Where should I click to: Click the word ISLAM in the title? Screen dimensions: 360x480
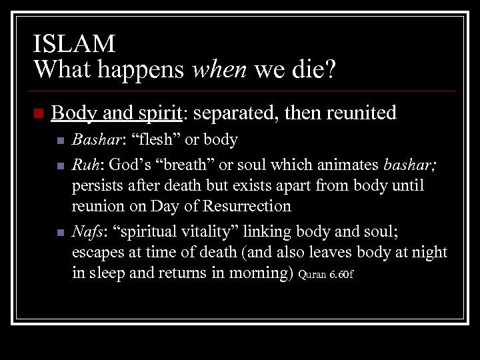point(74,44)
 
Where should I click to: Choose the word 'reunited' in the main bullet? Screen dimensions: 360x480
point(359,113)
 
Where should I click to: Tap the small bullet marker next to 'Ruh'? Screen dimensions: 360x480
point(60,163)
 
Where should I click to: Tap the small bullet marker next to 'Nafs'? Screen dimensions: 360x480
point(60,233)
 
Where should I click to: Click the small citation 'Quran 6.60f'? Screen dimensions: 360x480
point(325,275)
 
